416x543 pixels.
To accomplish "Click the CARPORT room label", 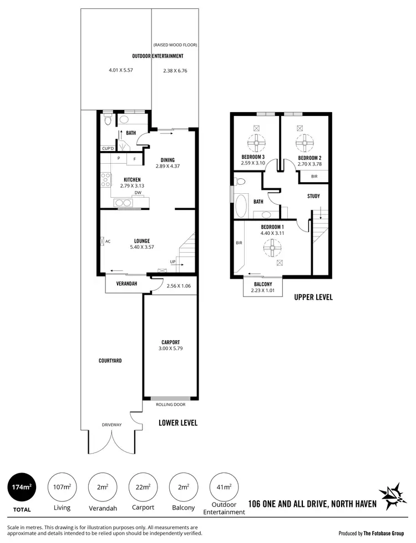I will [170, 342].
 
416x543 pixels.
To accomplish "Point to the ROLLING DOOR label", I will [170, 405].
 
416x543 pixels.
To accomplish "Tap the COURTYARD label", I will [110, 360].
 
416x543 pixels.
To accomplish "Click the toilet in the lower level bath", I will [108, 120].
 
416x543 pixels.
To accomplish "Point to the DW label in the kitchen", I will [138, 193].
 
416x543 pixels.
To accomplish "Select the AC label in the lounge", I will [108, 242].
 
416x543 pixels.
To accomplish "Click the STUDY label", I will [313, 196].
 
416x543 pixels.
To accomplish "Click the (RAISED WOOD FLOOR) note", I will [175, 44].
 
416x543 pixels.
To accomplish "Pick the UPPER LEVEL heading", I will [313, 298].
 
